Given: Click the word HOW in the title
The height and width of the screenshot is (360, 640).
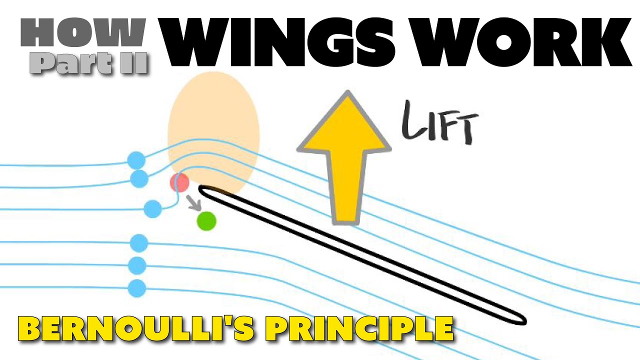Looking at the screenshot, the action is [x=83, y=33].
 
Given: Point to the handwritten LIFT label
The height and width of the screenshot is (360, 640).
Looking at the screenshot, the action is [x=439, y=123].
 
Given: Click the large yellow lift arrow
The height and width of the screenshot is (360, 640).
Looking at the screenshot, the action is [x=344, y=160].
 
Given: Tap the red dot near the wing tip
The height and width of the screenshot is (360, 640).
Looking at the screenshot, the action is [x=179, y=182].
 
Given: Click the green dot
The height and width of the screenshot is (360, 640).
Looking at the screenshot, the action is [x=206, y=221].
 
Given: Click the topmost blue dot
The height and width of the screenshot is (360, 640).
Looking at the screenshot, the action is [x=136, y=160].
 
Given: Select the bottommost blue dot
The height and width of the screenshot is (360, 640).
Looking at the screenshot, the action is [x=137, y=288].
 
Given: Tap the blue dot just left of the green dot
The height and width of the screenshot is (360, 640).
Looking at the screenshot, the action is [x=152, y=209].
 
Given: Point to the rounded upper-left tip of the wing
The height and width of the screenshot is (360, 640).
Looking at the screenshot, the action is [x=201, y=189].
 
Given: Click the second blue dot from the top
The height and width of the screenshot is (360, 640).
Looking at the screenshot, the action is [x=139, y=178].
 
